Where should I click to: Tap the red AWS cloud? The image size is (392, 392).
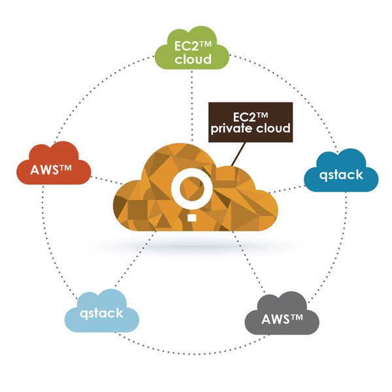click(x=54, y=167)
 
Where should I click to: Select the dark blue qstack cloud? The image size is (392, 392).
click(x=342, y=173)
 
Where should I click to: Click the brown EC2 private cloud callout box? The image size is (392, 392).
click(x=249, y=122)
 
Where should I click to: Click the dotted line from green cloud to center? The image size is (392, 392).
click(x=191, y=105)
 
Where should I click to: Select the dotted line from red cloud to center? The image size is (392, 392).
click(x=105, y=180)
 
